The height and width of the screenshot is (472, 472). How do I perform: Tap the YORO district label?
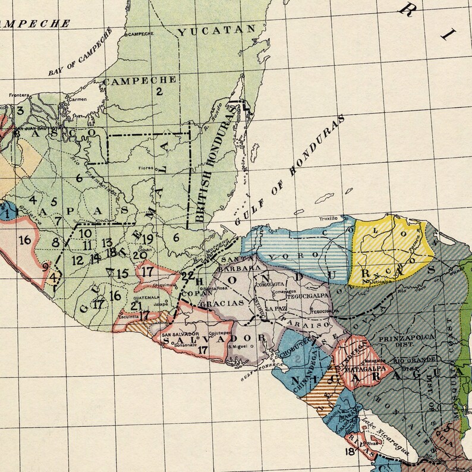291,256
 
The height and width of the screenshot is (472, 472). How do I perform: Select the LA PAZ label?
277,309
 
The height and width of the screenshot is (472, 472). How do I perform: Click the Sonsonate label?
177,344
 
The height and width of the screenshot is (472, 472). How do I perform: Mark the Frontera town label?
20,95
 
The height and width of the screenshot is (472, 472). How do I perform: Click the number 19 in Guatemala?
147,238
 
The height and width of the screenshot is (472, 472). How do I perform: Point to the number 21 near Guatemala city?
136,306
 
